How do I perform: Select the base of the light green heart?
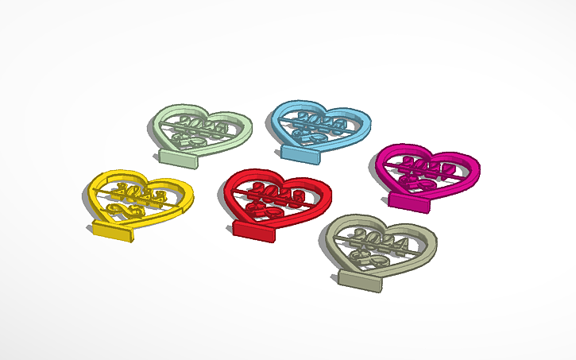[180, 157]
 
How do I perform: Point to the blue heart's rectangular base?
[301, 152]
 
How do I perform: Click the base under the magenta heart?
[410, 204]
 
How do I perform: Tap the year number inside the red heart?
[278, 193]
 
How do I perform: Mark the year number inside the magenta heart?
[430, 167]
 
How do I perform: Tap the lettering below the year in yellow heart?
[128, 210]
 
